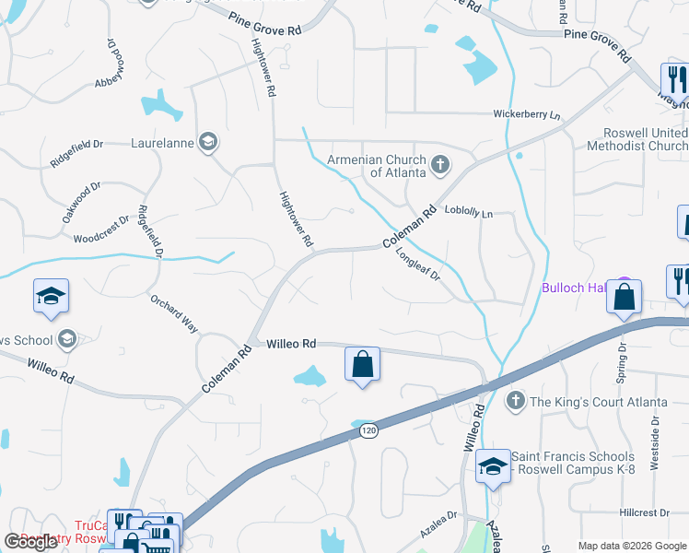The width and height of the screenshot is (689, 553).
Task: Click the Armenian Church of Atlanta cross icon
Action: pos(440,165)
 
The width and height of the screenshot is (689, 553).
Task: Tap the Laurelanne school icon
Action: pos(208,143)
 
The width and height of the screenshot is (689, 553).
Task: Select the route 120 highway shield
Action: pos(368,430)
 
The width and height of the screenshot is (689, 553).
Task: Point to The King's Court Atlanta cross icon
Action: pos(515,400)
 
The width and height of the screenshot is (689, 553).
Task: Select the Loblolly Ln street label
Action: pos(469,213)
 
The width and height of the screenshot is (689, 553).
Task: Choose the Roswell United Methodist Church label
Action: pos(636,140)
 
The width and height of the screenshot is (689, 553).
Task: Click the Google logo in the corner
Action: pos(30,542)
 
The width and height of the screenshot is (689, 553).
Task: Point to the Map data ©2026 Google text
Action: pos(631,546)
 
